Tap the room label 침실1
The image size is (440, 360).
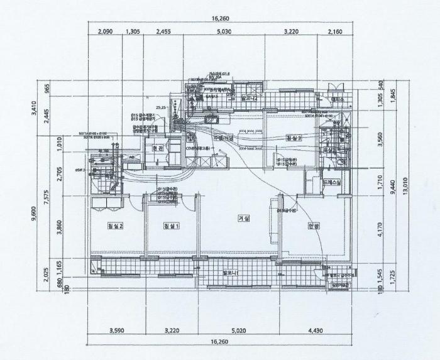point(171,226)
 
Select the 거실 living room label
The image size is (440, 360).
point(243,219)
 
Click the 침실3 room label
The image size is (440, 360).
point(294,138)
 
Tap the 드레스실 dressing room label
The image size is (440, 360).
point(331,182)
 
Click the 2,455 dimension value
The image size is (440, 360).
point(163,31)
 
